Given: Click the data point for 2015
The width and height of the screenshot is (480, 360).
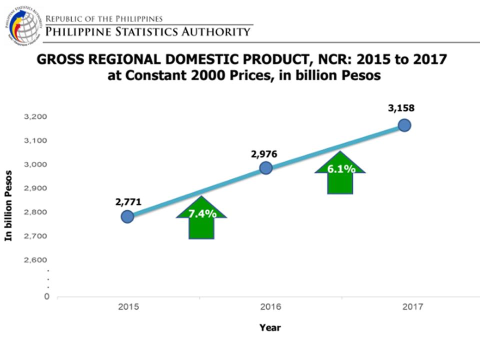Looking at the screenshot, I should [x=127, y=216].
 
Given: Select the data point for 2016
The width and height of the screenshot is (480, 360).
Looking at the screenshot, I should [x=266, y=168].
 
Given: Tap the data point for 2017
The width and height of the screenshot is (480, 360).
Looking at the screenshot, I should [x=404, y=125].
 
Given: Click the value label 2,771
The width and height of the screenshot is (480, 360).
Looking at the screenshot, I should [x=128, y=202].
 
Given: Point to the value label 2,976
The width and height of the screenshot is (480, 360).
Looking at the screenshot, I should [x=264, y=154].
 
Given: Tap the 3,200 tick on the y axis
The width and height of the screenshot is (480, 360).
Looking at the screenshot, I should [x=35, y=117].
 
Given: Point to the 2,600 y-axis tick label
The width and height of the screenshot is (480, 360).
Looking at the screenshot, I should [x=35, y=260].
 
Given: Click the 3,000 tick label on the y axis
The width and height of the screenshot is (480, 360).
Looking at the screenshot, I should [x=35, y=165].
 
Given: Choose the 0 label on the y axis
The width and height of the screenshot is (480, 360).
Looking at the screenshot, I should [x=47, y=296].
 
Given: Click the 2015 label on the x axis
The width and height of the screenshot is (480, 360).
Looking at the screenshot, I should [x=127, y=307].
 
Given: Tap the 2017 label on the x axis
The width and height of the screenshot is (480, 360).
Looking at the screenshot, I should [x=412, y=307].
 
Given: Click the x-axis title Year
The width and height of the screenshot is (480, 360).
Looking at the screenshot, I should [x=270, y=328].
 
